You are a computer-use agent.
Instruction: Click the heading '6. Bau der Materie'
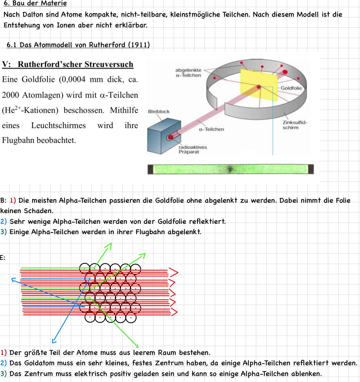click(35, 4)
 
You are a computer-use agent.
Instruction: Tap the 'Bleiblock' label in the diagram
click(159, 111)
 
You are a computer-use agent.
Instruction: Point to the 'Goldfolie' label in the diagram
click(291, 88)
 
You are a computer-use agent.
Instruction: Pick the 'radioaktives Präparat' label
click(193, 150)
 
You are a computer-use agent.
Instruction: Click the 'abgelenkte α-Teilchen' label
click(188, 73)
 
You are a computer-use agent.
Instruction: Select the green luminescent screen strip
click(230, 169)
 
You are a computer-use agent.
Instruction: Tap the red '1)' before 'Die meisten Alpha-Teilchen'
click(13, 201)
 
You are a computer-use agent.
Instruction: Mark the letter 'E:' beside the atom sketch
click(2, 258)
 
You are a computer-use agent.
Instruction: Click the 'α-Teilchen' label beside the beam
click(211, 129)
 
